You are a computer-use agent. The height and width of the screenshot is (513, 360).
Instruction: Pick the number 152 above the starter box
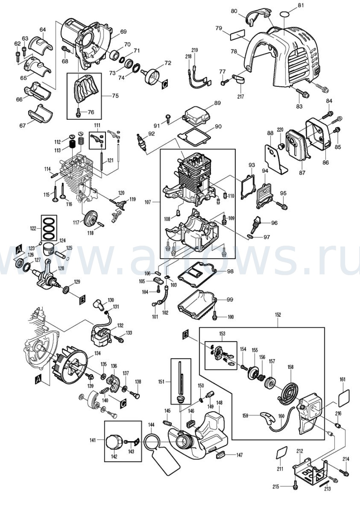point(278,314)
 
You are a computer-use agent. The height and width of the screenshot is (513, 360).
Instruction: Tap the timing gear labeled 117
point(92,218)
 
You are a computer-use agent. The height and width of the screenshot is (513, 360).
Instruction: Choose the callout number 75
point(116,95)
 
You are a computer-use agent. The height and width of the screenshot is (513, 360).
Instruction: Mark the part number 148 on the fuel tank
point(219,403)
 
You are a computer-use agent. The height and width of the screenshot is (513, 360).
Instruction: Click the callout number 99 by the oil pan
point(230,299)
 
